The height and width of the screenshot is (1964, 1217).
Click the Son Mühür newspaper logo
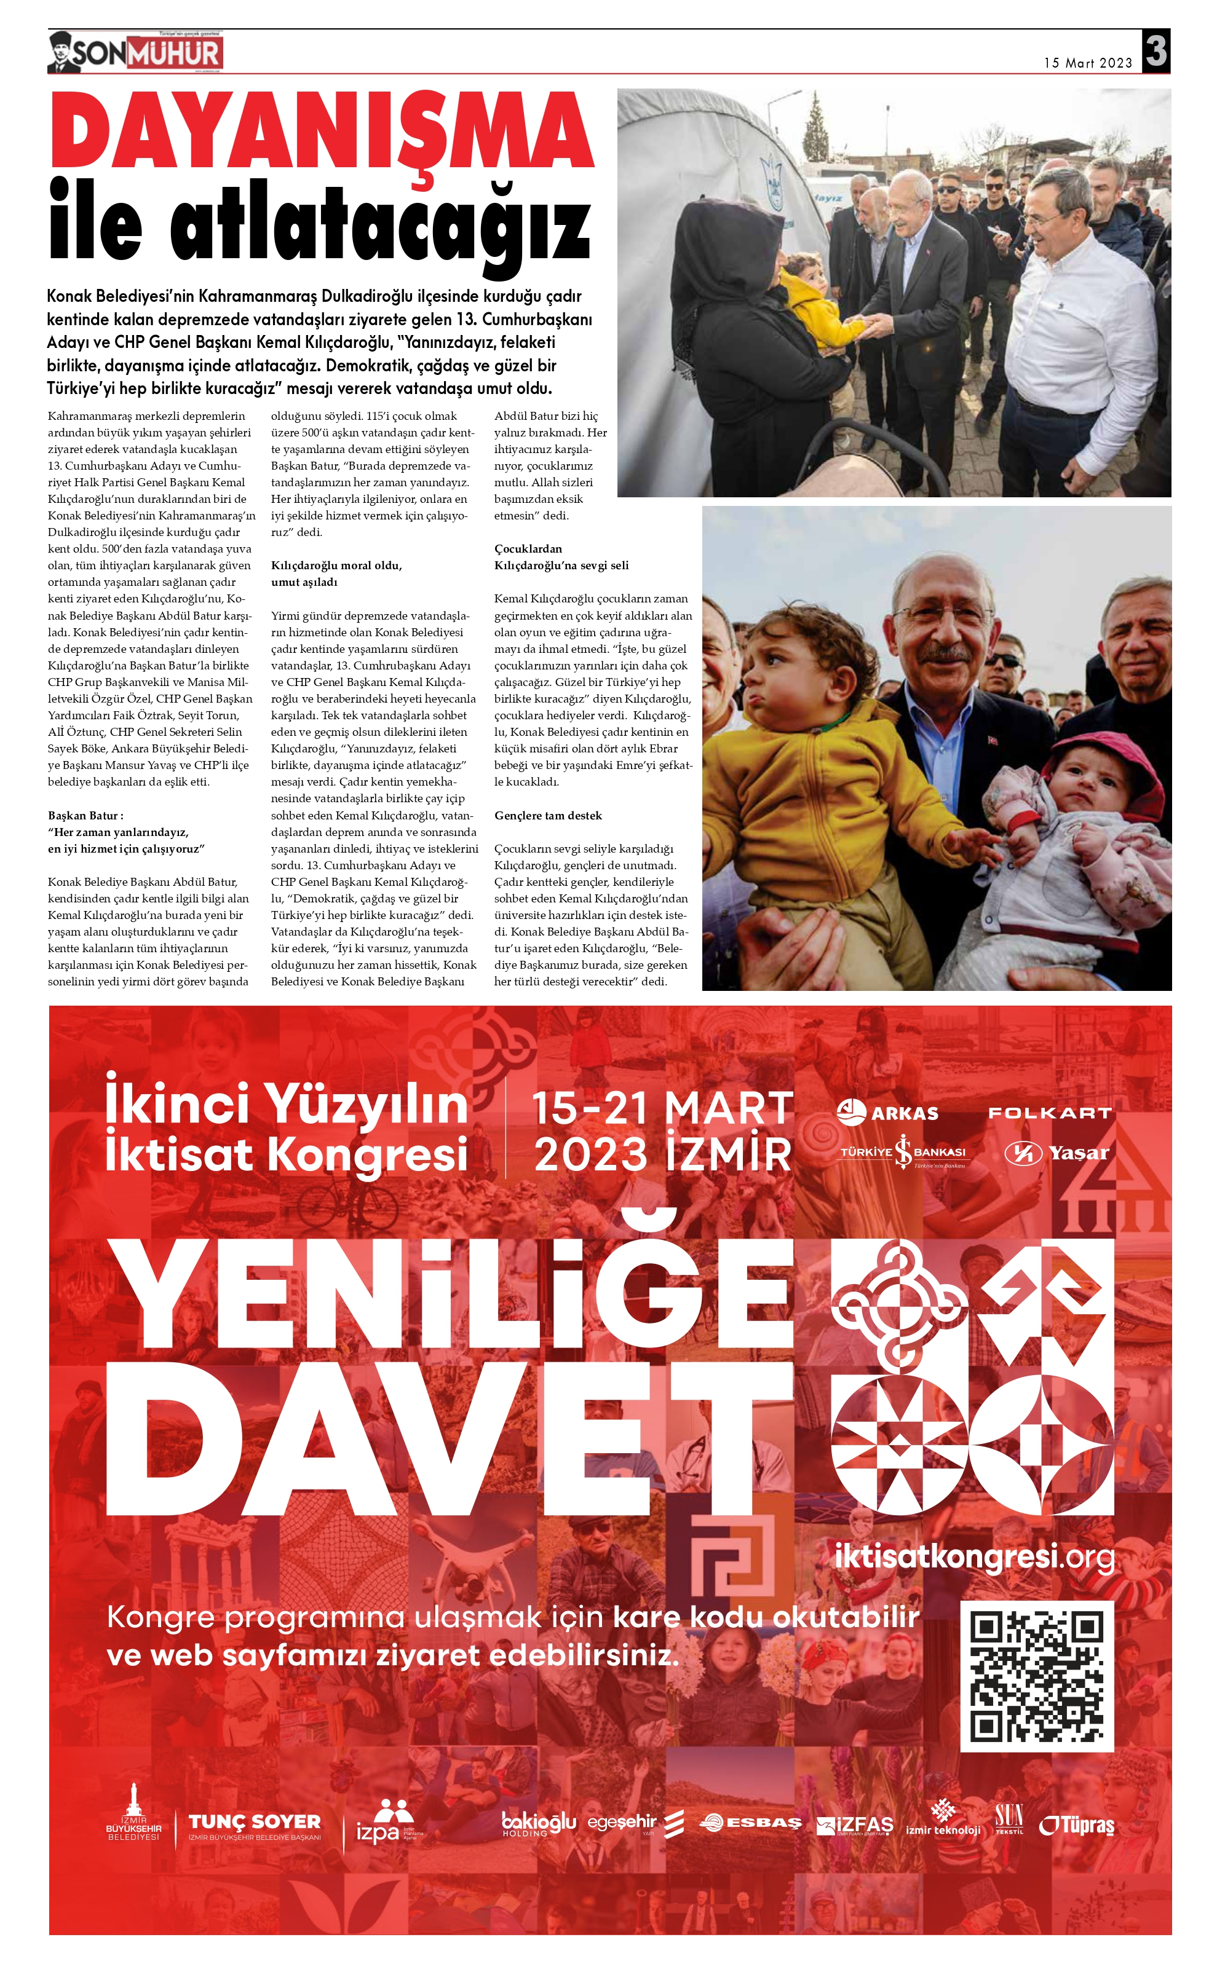[x=135, y=53]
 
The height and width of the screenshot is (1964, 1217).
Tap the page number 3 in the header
[x=1156, y=52]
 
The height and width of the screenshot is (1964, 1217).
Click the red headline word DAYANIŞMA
[x=322, y=132]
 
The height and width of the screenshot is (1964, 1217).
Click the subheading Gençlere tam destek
[x=548, y=816]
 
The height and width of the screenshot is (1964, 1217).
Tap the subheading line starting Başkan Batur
[x=86, y=816]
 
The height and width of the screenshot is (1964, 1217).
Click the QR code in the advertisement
[x=1037, y=1677]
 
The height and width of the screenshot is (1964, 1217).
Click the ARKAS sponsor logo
[x=888, y=1114]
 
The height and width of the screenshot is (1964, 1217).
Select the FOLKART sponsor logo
[x=1050, y=1114]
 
